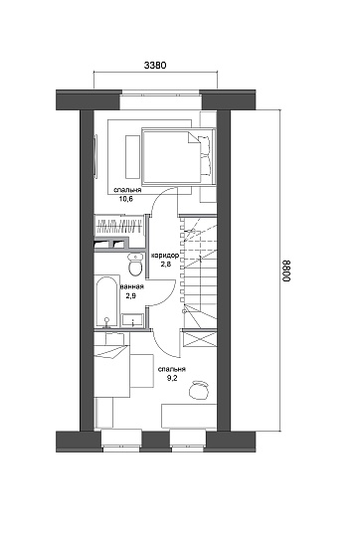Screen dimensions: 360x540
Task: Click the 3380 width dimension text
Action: [155, 65]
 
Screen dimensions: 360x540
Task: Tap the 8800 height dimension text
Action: [286, 270]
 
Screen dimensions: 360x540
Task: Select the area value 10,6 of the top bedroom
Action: [126, 198]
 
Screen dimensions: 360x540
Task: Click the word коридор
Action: [165, 256]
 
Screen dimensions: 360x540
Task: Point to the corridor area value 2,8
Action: [165, 265]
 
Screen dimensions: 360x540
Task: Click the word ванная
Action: [132, 286]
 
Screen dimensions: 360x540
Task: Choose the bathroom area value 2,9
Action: [131, 295]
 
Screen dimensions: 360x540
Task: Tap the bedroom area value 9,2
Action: [172, 378]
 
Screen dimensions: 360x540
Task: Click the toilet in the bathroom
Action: [135, 265]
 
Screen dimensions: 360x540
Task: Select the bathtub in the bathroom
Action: [106, 301]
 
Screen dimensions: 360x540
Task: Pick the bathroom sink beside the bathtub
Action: [132, 320]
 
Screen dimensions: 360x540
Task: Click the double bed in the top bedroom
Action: [178, 156]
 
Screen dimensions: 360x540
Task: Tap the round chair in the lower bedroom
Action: [199, 390]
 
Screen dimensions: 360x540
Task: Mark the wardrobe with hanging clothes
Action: [119, 226]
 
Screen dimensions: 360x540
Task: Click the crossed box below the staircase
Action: [200, 339]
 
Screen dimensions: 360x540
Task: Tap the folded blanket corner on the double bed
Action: [193, 137]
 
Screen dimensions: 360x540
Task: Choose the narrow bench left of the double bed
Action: [132, 157]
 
